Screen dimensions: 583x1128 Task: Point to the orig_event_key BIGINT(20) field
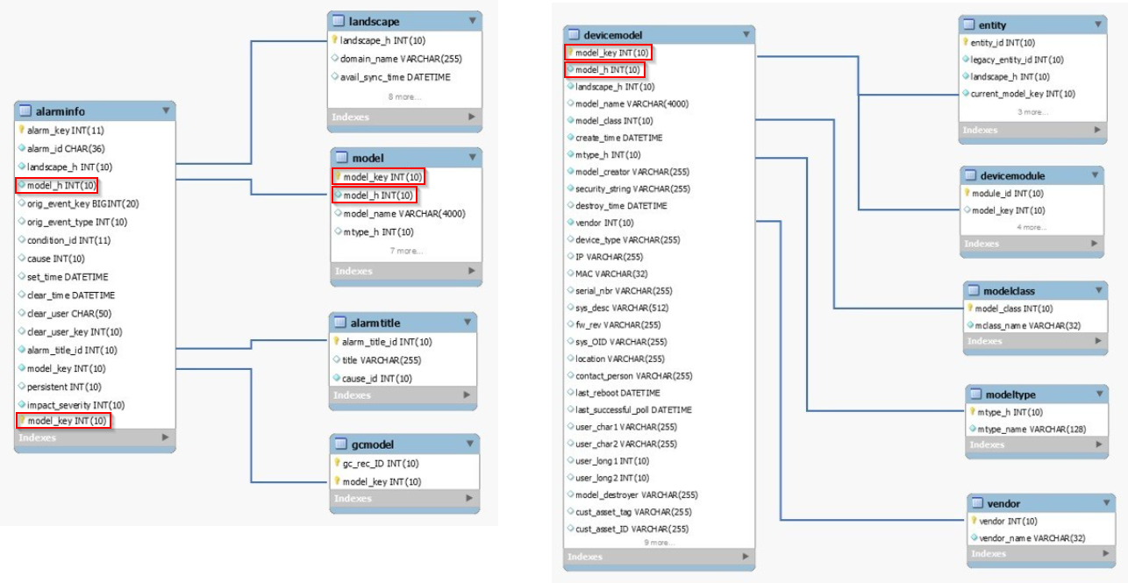coord(82,203)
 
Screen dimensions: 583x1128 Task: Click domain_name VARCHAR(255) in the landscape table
coord(402,59)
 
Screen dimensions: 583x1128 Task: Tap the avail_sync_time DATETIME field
coord(396,77)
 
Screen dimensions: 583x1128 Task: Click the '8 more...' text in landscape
coord(404,96)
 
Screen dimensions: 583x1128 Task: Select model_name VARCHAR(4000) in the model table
coord(403,214)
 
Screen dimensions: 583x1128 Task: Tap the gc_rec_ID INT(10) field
coord(381,463)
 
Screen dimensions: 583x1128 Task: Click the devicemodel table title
coord(612,35)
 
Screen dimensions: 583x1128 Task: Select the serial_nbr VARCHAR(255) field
coord(624,290)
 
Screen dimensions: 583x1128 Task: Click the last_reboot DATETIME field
coord(618,393)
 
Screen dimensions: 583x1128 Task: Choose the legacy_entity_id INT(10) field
coord(1017,60)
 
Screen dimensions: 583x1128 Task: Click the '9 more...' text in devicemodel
coord(659,543)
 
